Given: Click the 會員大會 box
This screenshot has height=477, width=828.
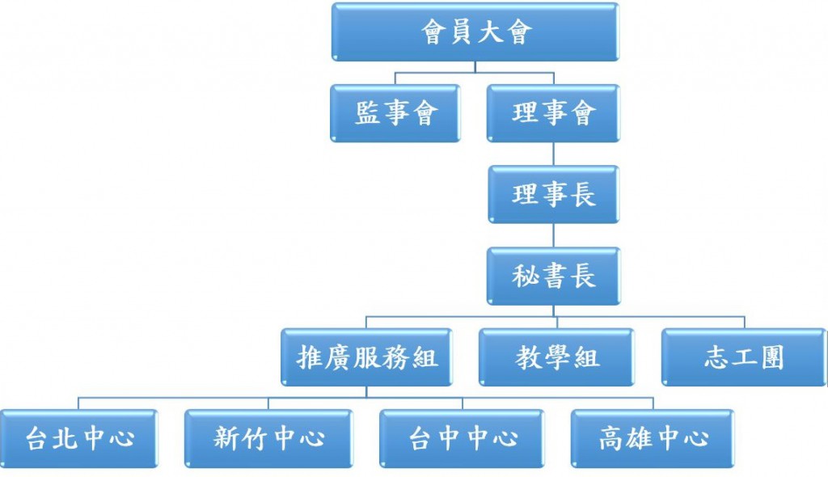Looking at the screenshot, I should tap(475, 32).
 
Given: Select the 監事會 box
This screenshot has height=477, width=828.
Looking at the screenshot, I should tap(395, 112).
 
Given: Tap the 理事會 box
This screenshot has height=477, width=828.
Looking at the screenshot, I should tap(553, 112).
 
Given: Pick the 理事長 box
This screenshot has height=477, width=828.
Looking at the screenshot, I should tap(553, 194).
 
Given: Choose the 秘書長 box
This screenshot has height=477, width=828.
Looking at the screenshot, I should tap(553, 276).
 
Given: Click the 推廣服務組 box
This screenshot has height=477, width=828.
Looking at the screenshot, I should tap(367, 357).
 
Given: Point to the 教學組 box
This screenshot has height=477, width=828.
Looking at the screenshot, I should tap(557, 357).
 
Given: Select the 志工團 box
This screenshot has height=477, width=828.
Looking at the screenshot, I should tap(743, 357).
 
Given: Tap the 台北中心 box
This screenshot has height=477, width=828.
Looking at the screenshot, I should tap(78, 438).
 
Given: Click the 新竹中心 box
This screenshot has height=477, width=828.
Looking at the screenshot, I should tap(268, 438).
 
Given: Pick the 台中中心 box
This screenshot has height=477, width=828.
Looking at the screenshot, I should tap(462, 438).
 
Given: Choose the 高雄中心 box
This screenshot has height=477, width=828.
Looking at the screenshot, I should tap(653, 438).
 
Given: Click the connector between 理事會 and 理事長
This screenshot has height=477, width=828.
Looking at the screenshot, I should tap(553, 154).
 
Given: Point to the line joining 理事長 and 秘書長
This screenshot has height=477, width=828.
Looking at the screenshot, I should tap(553, 235).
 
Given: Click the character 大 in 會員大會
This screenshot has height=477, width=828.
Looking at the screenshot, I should tap(489, 32).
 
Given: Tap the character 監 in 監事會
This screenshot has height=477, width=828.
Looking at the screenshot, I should tap(368, 112).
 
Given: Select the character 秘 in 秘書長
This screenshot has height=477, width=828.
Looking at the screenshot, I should tap(526, 276).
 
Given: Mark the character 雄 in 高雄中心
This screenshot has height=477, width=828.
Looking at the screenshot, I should tap(638, 438).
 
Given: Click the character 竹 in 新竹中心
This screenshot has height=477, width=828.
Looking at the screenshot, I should tap(254, 438).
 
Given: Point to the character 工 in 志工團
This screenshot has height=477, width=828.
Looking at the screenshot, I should tap(743, 357).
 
